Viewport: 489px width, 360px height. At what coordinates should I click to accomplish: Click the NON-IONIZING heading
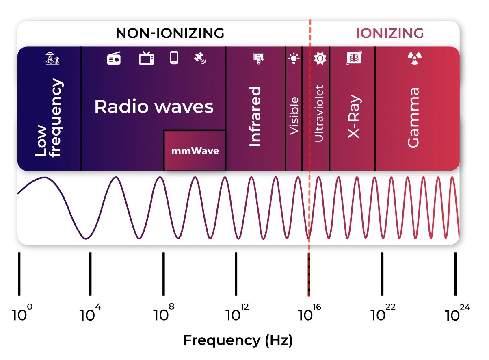tap(170, 33)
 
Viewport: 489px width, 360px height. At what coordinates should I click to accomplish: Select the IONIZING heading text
tap(389, 33)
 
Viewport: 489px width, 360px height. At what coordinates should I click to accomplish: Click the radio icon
tap(114, 59)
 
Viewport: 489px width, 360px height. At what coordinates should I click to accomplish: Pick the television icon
tap(146, 59)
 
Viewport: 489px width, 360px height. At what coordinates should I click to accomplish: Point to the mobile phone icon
tap(174, 58)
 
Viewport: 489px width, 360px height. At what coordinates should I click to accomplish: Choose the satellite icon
tap(200, 59)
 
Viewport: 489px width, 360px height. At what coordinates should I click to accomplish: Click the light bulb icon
tap(294, 59)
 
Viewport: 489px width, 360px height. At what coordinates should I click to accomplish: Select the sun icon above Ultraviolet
tap(320, 59)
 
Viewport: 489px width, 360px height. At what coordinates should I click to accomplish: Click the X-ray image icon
tap(354, 58)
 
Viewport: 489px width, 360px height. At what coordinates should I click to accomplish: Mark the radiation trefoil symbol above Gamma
tap(414, 59)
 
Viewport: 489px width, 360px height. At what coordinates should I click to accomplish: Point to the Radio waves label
tap(154, 106)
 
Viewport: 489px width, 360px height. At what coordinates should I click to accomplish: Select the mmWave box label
tap(195, 151)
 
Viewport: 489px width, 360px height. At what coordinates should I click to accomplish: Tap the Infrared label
tap(255, 117)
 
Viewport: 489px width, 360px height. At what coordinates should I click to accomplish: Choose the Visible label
tap(294, 116)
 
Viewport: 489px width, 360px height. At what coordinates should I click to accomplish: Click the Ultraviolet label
tap(319, 113)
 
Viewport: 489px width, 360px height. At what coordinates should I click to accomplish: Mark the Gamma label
tap(413, 118)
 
